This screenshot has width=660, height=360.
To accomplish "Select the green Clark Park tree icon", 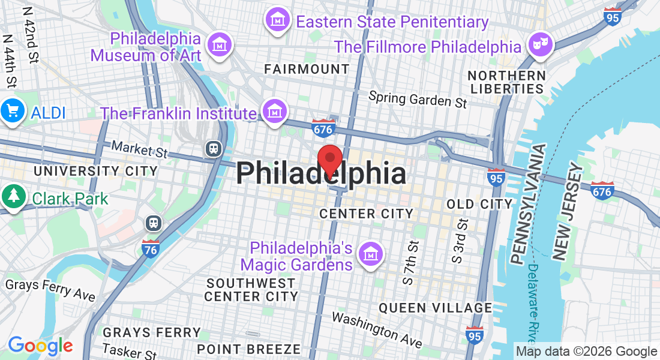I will point(12,197).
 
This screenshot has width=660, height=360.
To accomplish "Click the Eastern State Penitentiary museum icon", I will point(277,21).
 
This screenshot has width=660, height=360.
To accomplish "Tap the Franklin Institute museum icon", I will point(274,112).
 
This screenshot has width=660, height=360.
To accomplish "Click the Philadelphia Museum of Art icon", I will point(219,44).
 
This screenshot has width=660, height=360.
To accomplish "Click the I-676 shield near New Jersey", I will point(601,190).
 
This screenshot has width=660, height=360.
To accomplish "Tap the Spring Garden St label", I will point(418,99).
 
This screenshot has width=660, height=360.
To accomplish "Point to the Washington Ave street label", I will point(377,329).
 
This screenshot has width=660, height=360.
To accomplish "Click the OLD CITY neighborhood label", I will point(479,204).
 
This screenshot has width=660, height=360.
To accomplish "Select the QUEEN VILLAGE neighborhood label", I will point(435,308).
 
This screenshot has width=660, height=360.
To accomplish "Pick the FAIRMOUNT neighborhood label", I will point(307,69).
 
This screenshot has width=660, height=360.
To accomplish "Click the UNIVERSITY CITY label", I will point(95,171).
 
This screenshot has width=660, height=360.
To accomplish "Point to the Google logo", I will point(40,345).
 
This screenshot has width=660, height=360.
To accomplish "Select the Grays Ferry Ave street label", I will point(50,290).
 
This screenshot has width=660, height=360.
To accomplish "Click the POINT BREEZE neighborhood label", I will point(248,349).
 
